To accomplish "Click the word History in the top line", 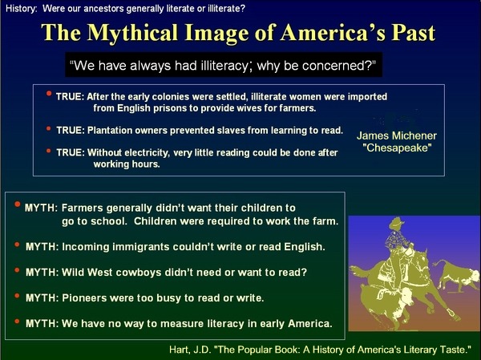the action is pyautogui.click(x=21, y=9).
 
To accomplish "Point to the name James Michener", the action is pyautogui.click(x=396, y=136).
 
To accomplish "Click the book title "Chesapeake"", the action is pyautogui.click(x=397, y=148).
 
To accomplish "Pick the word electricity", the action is pyautogui.click(x=147, y=153).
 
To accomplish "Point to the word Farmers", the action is pyautogui.click(x=83, y=208).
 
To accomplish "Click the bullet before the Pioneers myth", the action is pyautogui.click(x=17, y=296).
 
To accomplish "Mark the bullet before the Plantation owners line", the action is pyautogui.click(x=48, y=128).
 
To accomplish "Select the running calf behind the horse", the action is pyautogui.click(x=457, y=274).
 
